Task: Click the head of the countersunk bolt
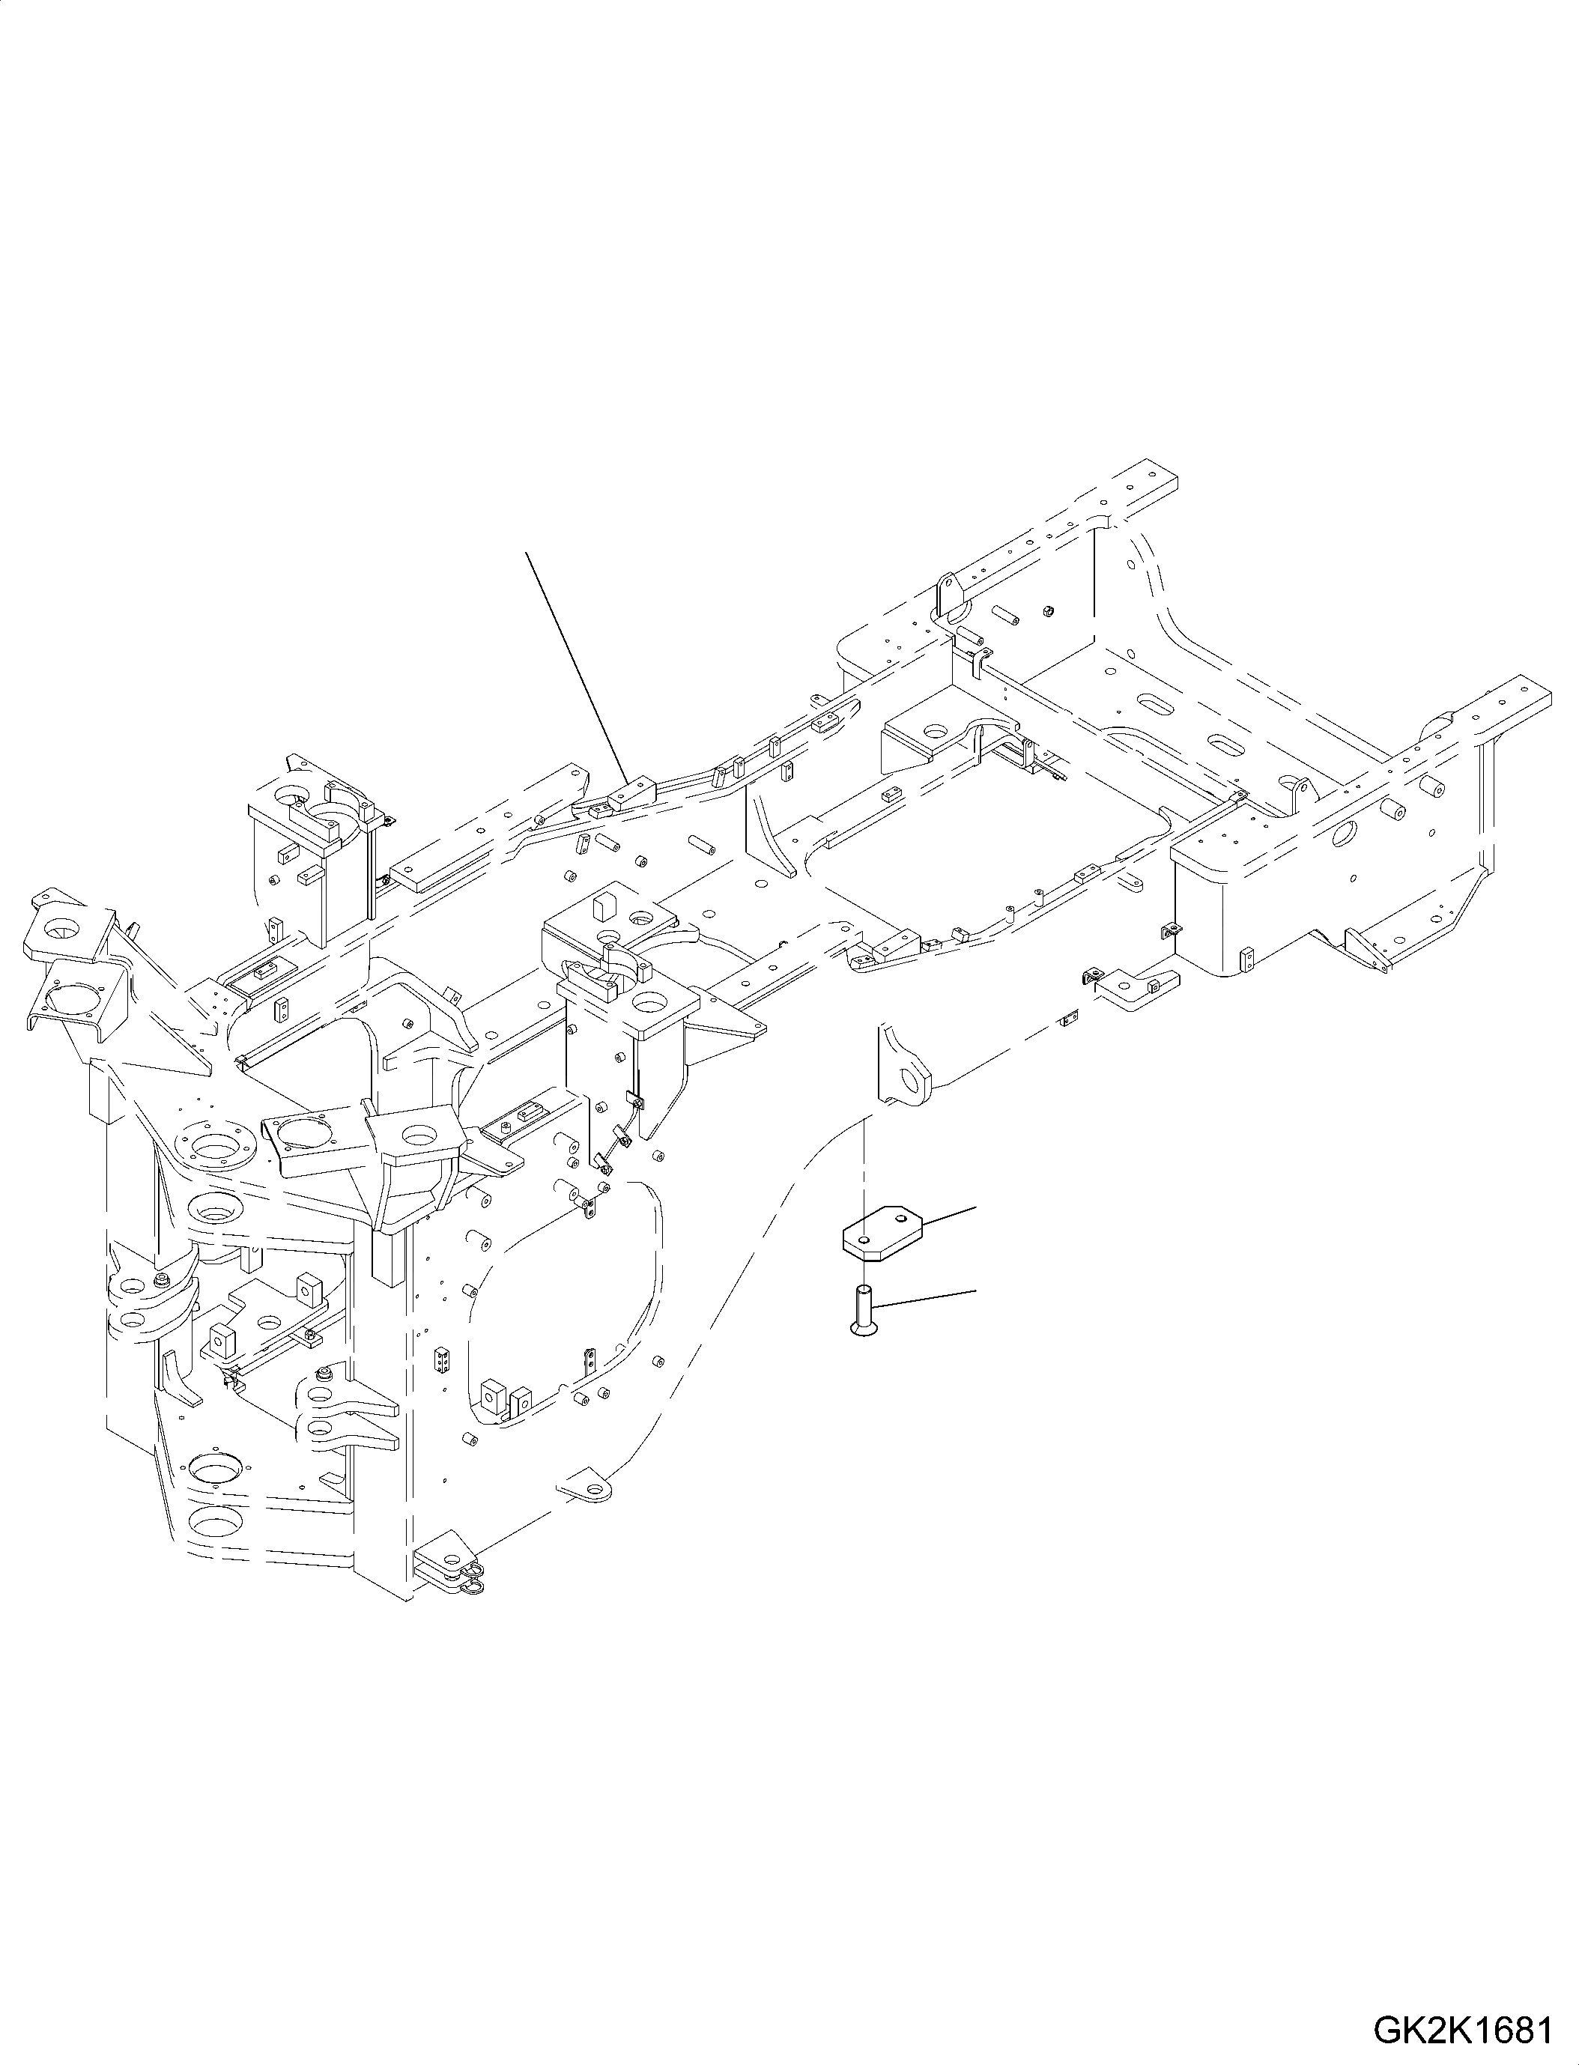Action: [x=863, y=1328]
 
